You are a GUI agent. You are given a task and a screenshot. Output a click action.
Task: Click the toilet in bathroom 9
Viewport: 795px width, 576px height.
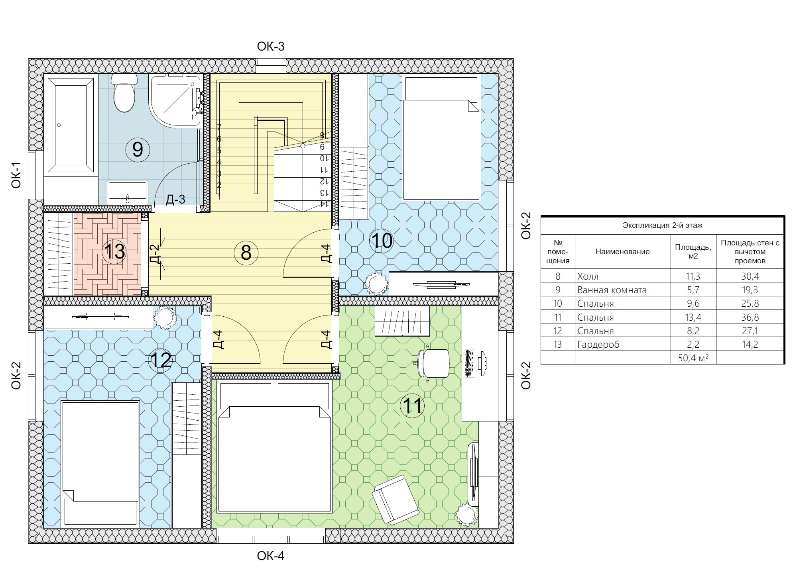[x=124, y=93]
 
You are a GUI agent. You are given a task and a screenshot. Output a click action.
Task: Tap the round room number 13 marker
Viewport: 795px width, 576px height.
[x=114, y=252]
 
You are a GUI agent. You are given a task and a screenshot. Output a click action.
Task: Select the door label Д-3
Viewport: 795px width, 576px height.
[x=175, y=199]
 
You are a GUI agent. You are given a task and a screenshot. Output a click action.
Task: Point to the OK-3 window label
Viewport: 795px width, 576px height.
[x=271, y=47]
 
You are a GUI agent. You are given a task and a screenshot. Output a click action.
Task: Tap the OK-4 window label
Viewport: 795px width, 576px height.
[x=271, y=556]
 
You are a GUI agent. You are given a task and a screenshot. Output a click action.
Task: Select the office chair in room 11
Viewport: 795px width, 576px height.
[x=433, y=363]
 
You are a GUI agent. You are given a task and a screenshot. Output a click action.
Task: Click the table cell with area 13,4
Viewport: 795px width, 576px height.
[x=693, y=317]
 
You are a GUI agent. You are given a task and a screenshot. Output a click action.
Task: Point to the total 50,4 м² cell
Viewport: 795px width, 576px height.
[x=693, y=358]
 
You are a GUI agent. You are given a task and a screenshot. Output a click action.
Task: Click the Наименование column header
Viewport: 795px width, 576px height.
[x=623, y=252]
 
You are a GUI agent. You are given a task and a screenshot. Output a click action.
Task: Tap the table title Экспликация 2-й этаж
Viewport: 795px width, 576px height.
[x=663, y=225]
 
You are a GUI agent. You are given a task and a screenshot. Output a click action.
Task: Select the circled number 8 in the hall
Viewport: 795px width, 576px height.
[x=246, y=253]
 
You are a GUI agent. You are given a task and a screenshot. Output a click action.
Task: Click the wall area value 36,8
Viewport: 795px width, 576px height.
[x=750, y=317]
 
